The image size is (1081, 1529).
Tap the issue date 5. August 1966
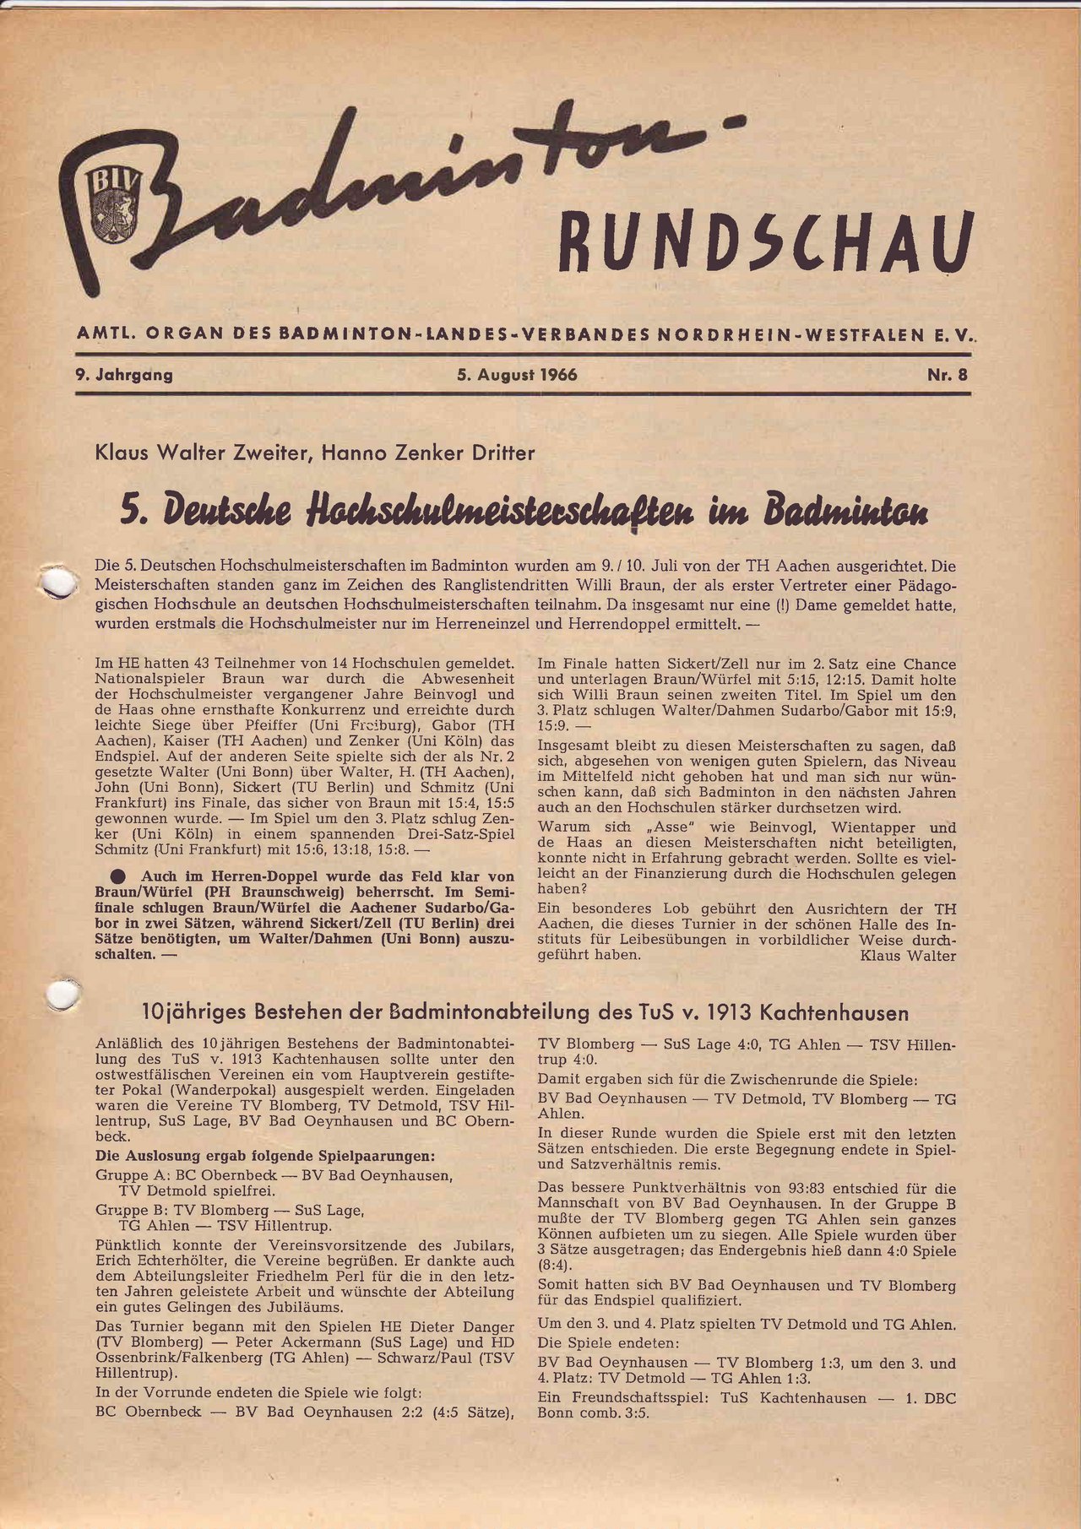point(517,374)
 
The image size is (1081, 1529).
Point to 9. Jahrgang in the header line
point(124,374)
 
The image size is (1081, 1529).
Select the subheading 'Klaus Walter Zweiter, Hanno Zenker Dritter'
point(315,453)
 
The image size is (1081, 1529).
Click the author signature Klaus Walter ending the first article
point(908,956)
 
